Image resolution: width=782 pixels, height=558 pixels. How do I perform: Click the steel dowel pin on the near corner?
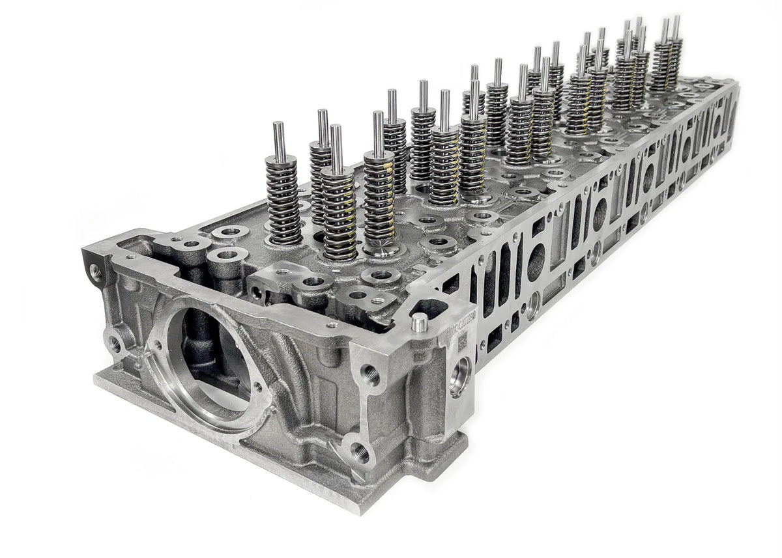point(420,322)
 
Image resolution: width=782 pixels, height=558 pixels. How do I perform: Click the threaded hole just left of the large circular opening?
point(116,342)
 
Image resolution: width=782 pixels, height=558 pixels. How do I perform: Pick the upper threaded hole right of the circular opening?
point(371,375)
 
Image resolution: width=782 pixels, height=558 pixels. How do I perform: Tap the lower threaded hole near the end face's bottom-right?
point(360,452)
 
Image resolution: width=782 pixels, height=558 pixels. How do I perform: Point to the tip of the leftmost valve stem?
point(278,125)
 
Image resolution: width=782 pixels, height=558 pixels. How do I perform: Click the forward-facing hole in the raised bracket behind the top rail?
point(257,293)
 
